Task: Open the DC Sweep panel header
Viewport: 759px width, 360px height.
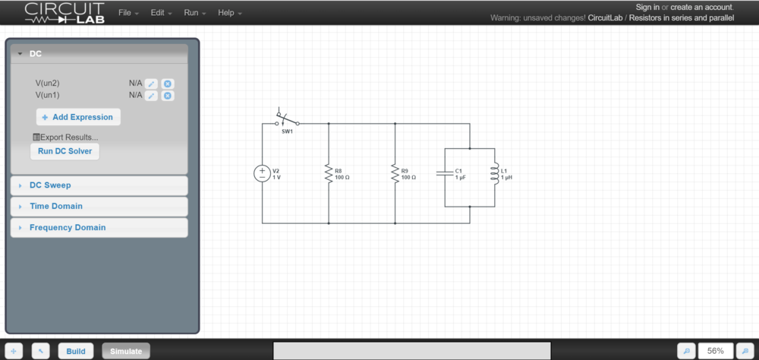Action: [x=50, y=185]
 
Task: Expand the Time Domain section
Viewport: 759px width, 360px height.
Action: [x=55, y=207]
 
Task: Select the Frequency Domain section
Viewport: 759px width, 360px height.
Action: [x=68, y=228]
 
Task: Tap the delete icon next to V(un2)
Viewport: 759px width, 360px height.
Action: [x=168, y=84]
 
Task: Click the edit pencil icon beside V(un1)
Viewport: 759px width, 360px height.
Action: [x=152, y=96]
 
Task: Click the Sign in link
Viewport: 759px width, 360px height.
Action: [x=647, y=7]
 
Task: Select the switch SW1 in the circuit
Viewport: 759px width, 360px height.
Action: [x=287, y=121]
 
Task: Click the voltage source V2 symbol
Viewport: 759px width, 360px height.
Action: [x=262, y=173]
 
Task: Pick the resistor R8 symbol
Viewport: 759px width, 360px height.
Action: [x=329, y=173]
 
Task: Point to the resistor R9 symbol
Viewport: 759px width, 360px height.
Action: [x=395, y=173]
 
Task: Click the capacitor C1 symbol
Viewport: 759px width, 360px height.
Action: [x=445, y=173]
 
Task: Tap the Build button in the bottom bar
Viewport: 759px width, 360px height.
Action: [x=76, y=351]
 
